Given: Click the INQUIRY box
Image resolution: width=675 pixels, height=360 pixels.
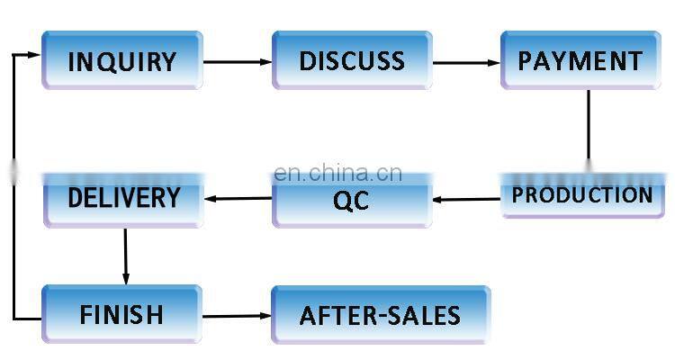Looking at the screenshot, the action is coord(121,61).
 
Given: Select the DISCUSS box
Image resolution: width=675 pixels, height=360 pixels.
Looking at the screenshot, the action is coord(352,61).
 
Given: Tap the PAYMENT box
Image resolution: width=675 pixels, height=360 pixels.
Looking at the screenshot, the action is coord(580,61).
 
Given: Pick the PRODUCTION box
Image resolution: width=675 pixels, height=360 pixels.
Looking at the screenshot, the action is coord(582,195).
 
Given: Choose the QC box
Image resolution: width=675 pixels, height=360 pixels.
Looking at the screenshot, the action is coord(351,200).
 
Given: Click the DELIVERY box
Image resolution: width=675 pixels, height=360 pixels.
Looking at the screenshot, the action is coord(123,198).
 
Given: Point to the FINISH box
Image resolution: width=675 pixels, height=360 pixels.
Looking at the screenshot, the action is coord(121,314).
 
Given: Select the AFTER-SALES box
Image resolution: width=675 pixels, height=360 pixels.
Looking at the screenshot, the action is coord(380,315).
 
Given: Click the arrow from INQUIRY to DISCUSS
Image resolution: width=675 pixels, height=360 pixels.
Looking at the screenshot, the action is coord(237,62).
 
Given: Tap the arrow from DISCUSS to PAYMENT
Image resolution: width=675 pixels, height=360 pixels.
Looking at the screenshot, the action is coord(466,63).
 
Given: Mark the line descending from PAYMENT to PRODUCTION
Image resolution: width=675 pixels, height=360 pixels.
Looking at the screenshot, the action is coord(589,126).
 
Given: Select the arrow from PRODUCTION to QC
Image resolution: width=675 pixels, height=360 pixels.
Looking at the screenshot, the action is coord(466,199).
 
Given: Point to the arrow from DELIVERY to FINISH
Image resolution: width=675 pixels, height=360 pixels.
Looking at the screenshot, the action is coord(125,256).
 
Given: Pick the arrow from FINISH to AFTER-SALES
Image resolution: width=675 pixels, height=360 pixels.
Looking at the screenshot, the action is coord(236,316).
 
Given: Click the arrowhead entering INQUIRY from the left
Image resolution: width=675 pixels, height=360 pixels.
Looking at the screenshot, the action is coord(34,55).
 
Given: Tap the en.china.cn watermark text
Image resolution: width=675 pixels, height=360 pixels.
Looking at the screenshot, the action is coord(337,173).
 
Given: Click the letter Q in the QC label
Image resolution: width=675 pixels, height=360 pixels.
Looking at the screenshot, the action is coord(341,201).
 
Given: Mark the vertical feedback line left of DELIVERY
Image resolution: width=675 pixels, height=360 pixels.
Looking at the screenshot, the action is coord(13,198).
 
